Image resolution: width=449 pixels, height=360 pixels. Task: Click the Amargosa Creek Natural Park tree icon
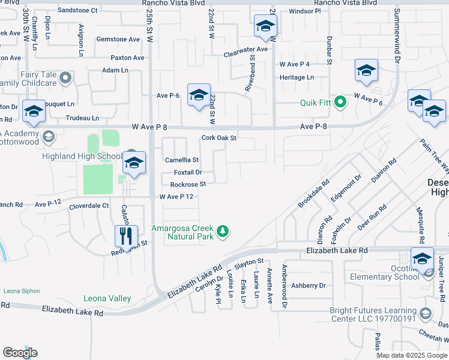click(223, 232)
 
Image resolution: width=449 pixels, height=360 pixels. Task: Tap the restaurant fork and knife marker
click(126, 236)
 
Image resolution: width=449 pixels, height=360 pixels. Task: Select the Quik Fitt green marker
click(341, 102)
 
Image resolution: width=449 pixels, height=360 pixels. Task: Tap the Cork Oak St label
click(219, 137)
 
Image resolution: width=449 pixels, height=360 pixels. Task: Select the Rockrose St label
click(188, 184)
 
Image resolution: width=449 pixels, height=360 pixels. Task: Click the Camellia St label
click(182, 160)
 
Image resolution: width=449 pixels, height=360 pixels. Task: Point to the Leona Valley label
click(107, 298)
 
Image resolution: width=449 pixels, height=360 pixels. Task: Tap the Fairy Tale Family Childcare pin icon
click(65, 77)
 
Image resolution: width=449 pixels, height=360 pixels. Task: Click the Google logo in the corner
click(20, 352)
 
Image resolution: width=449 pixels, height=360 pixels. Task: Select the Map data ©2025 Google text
click(412, 355)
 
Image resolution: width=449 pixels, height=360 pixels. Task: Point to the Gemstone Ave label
click(118, 39)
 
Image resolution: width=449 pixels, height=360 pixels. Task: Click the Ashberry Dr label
click(310, 286)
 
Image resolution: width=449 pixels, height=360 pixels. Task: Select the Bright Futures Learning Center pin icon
click(426, 314)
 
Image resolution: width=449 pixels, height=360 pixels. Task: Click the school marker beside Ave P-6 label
click(199, 95)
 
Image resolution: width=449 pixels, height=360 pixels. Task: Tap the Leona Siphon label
click(22, 291)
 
